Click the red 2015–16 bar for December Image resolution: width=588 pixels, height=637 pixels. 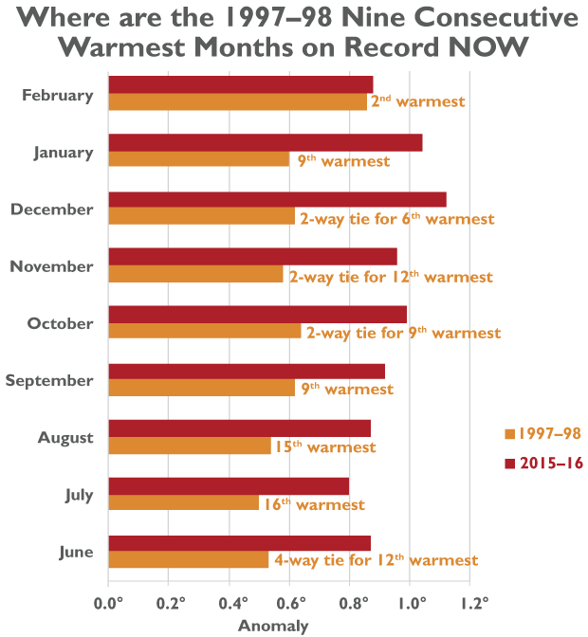tap(277, 200)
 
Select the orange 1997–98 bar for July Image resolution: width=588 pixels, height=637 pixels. tap(184, 503)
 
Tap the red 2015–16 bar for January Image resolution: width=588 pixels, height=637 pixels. tap(265, 142)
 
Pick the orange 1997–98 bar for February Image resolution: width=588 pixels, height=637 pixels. tap(237, 102)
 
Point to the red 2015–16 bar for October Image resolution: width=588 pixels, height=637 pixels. tap(257, 314)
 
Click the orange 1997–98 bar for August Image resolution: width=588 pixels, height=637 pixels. tap(190, 446)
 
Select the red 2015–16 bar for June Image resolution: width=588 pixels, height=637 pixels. tap(239, 543)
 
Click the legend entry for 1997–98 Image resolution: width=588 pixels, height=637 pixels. tap(543, 434)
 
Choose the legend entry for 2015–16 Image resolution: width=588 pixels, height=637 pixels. tap(543, 463)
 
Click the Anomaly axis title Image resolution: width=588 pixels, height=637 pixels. tap(272, 626)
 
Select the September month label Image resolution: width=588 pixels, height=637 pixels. tap(49, 380)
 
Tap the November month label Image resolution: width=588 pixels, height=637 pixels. tap(51, 266)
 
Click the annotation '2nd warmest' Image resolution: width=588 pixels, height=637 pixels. tap(417, 100)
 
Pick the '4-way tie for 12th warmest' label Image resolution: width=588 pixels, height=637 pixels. tap(377, 560)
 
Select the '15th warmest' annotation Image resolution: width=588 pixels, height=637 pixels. tap(325, 446)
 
